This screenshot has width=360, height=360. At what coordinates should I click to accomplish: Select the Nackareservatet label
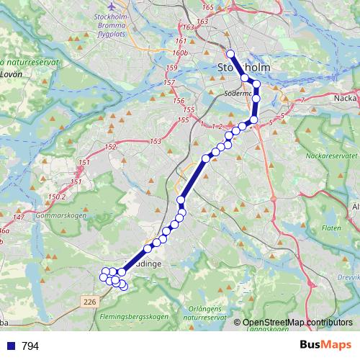pos(331,155)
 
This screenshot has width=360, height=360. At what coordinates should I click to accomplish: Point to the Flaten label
pos(332,228)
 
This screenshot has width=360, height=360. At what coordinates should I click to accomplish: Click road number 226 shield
pos(89,301)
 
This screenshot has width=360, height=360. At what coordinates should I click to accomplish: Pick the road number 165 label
pos(209,7)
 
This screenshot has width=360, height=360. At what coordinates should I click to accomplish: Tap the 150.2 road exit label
pos(56,196)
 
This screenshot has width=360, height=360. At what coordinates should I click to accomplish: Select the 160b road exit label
pos(180,53)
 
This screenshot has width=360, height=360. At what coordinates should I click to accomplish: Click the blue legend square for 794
pos(10,346)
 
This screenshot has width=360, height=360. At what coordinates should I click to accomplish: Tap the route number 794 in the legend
pos(30,346)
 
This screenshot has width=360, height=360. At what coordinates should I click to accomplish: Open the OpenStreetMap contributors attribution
pos(297,322)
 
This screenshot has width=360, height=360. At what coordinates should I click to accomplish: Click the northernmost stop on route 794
pos(230,54)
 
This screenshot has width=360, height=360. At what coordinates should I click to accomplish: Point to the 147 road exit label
pos(19,217)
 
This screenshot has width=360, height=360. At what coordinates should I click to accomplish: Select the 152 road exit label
pos(110,148)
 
